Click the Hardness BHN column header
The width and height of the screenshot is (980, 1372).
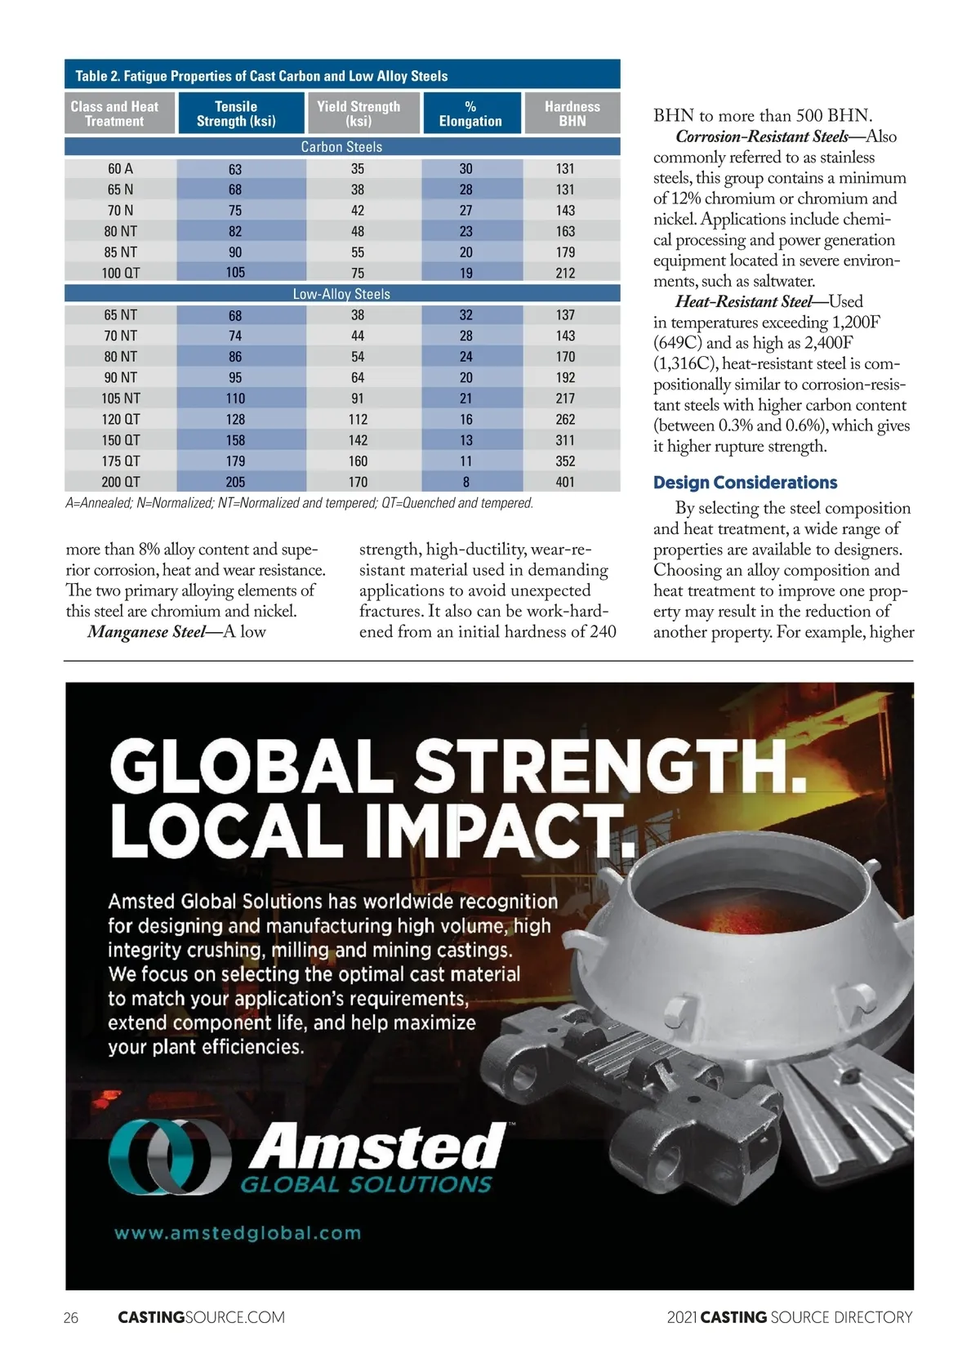pyautogui.click(x=572, y=114)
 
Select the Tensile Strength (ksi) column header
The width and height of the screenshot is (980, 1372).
pyautogui.click(x=236, y=114)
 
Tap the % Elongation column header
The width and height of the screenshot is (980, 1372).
pyautogui.click(x=470, y=114)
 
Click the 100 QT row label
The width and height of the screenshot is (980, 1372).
pyautogui.click(x=120, y=273)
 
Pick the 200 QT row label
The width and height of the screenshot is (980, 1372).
pyautogui.click(x=120, y=482)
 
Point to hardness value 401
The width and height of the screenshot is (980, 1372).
pyautogui.click(x=565, y=482)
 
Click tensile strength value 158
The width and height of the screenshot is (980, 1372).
pyautogui.click(x=235, y=440)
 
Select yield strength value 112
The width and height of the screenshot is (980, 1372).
pyautogui.click(x=358, y=419)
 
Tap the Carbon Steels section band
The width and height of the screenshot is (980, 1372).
pyautogui.click(x=341, y=147)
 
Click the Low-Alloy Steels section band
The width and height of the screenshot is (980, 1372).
pyautogui.click(x=341, y=294)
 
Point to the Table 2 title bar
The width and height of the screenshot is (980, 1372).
pyautogui.click(x=342, y=76)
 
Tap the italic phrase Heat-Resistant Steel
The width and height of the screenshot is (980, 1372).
pyautogui.click(x=744, y=301)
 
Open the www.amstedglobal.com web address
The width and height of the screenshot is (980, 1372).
pyautogui.click(x=238, y=1233)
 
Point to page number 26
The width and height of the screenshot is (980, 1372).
pyautogui.click(x=71, y=1317)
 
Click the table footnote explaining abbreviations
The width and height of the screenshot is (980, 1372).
pyautogui.click(x=299, y=503)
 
